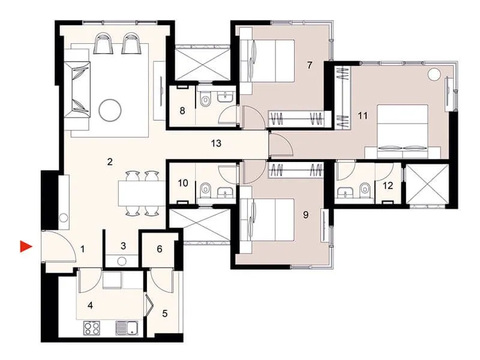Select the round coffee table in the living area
[110, 109]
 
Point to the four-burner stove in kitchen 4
[91, 328]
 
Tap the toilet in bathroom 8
[205, 102]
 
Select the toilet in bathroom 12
[364, 190]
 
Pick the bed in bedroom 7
[271, 60]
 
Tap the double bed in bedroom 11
[402, 129]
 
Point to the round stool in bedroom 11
[434, 74]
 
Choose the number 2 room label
[110, 161]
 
